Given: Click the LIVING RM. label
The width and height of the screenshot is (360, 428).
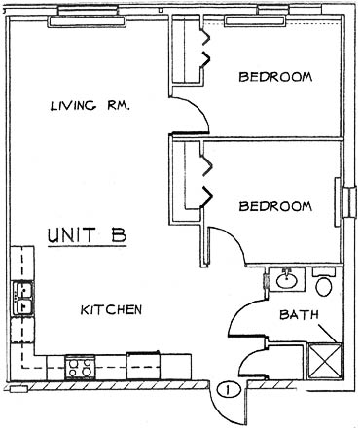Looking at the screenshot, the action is [x=90, y=106].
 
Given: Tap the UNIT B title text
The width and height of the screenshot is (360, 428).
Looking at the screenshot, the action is [x=87, y=235].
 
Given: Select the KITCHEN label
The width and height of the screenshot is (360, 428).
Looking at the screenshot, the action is [x=111, y=309].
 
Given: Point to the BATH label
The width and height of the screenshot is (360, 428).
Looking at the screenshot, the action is [x=299, y=314].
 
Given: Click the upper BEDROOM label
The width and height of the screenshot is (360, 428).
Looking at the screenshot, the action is [x=275, y=77].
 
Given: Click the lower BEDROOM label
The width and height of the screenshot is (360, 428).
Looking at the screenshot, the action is [x=275, y=206].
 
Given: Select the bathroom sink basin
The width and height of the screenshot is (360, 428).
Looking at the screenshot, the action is [x=287, y=280].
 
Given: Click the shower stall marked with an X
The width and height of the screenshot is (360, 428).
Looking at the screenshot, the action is [x=325, y=361].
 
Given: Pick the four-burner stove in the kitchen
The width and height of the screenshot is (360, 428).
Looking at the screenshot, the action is [x=80, y=368].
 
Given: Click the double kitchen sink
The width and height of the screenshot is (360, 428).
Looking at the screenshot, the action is [x=22, y=299].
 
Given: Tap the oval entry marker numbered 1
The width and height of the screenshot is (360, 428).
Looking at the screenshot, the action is [x=229, y=390].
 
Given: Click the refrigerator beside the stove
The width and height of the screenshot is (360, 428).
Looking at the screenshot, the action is [x=143, y=366].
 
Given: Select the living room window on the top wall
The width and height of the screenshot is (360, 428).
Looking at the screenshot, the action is [x=87, y=21].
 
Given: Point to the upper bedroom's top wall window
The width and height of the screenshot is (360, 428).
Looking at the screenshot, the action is [x=255, y=20].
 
